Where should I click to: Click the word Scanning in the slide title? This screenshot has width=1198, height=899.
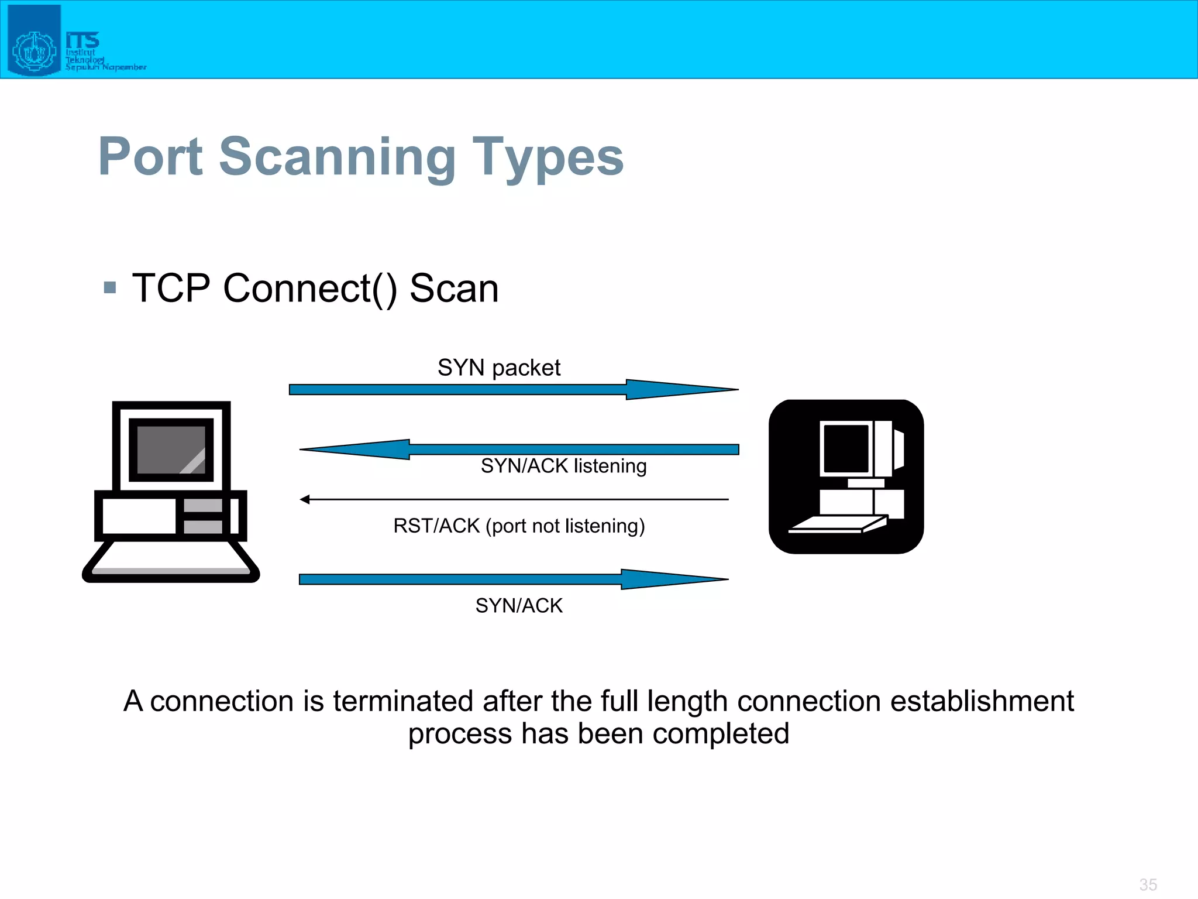point(337,157)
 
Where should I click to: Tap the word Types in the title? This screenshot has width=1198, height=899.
point(548,157)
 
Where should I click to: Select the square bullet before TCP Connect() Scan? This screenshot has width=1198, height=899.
point(109,287)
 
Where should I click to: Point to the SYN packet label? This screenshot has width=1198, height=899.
point(498,368)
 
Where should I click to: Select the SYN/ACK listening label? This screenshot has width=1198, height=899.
point(563,466)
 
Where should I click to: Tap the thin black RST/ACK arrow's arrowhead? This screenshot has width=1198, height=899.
point(305,499)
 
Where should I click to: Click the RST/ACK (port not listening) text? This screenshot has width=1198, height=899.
point(519,526)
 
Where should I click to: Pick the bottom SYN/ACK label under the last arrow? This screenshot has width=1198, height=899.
point(519,605)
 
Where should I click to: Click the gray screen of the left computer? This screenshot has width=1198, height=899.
point(171,449)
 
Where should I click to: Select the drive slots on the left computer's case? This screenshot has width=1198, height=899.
point(202,516)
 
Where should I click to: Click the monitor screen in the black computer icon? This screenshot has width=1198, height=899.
point(846,448)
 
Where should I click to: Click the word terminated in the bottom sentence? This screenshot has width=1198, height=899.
point(403,701)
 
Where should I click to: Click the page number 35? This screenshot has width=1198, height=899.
point(1148,884)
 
